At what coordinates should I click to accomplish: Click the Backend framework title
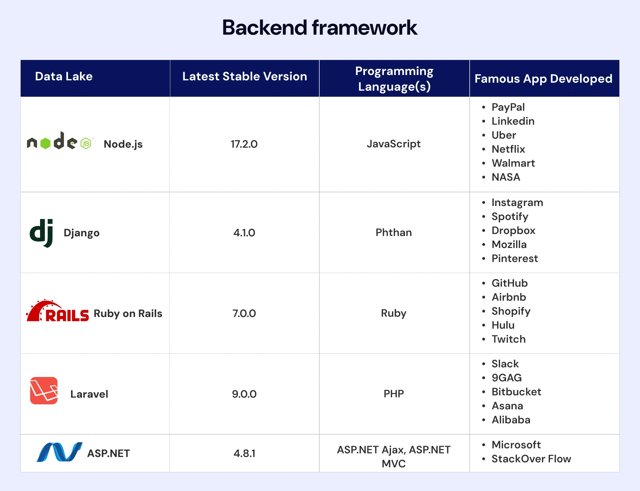click(x=319, y=27)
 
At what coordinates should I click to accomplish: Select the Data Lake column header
click(x=64, y=76)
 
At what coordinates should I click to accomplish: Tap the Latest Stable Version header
click(x=244, y=76)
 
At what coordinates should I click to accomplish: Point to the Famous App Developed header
click(x=543, y=79)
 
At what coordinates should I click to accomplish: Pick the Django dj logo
click(x=42, y=233)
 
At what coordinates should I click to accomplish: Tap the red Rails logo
click(x=57, y=311)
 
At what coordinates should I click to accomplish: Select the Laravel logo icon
click(x=44, y=391)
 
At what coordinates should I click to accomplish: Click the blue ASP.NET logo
click(x=59, y=452)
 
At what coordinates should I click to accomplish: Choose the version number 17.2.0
click(x=244, y=144)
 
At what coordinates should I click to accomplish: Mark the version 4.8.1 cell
click(x=244, y=453)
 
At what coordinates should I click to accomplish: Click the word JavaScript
click(x=394, y=144)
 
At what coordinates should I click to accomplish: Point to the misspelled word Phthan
click(x=394, y=232)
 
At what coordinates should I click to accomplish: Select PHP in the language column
click(x=394, y=394)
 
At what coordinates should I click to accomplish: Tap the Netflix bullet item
click(x=508, y=149)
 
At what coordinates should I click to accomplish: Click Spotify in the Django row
click(x=510, y=216)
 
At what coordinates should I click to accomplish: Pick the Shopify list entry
click(x=511, y=311)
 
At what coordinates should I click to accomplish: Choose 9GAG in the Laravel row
click(x=506, y=378)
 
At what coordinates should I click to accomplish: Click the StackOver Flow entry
click(x=531, y=459)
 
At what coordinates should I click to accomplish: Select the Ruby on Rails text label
click(x=128, y=313)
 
